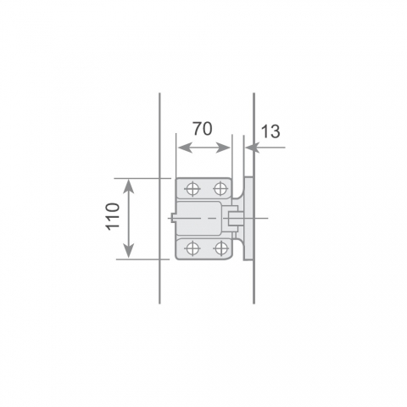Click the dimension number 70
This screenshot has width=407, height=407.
(203, 129)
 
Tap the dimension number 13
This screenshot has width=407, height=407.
(270, 131)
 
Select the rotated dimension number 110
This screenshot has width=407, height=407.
(113, 216)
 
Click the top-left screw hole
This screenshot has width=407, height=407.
(192, 188)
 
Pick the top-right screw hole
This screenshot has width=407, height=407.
(220, 188)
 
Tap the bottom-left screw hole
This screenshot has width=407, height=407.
(192, 248)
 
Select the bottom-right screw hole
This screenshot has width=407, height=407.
(220, 248)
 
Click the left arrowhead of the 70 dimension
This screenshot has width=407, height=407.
(185, 148)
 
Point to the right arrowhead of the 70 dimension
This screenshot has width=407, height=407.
(223, 148)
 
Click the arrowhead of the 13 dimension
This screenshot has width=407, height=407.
(252, 148)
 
